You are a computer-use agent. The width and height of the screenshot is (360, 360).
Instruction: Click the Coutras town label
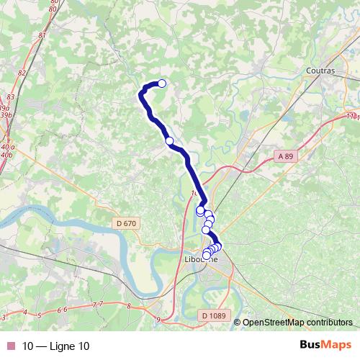[321, 70]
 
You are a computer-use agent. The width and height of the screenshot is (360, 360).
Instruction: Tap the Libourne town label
[202, 259]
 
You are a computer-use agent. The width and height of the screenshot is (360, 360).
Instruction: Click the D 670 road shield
[125, 223]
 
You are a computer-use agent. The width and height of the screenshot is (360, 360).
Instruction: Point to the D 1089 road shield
[213, 315]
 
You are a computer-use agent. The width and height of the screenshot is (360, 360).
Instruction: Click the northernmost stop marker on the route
[162, 84]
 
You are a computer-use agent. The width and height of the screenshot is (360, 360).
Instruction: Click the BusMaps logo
[325, 345]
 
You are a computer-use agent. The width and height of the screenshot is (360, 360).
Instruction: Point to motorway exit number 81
[43, 35]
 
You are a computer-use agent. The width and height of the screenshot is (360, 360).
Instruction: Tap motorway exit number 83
[10, 96]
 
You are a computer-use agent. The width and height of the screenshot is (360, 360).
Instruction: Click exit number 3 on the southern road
[4, 316]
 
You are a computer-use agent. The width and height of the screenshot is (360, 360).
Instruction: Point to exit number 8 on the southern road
[128, 306]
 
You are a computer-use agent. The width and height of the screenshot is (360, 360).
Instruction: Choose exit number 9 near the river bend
[157, 318]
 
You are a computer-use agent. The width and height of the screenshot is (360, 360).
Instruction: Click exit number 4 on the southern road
[24, 313]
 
